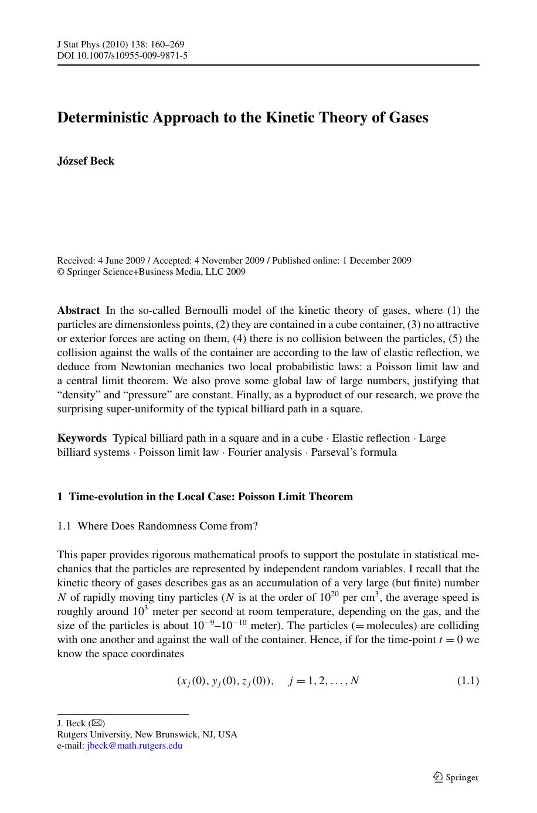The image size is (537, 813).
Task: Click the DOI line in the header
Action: (122, 56)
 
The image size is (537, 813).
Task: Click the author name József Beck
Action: (86, 161)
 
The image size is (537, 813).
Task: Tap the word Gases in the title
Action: (408, 118)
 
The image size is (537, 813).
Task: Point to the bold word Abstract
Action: (79, 310)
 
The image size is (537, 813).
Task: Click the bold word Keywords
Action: (81, 438)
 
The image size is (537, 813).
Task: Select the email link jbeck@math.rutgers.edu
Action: (134, 746)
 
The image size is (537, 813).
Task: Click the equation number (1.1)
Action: (468, 681)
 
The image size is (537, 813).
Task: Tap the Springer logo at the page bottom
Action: (456, 777)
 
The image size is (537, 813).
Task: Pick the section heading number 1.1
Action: (64, 526)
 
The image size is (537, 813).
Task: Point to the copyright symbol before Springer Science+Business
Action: (60, 272)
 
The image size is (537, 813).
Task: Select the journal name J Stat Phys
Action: (80, 45)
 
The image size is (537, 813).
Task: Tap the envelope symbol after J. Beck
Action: (97, 723)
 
